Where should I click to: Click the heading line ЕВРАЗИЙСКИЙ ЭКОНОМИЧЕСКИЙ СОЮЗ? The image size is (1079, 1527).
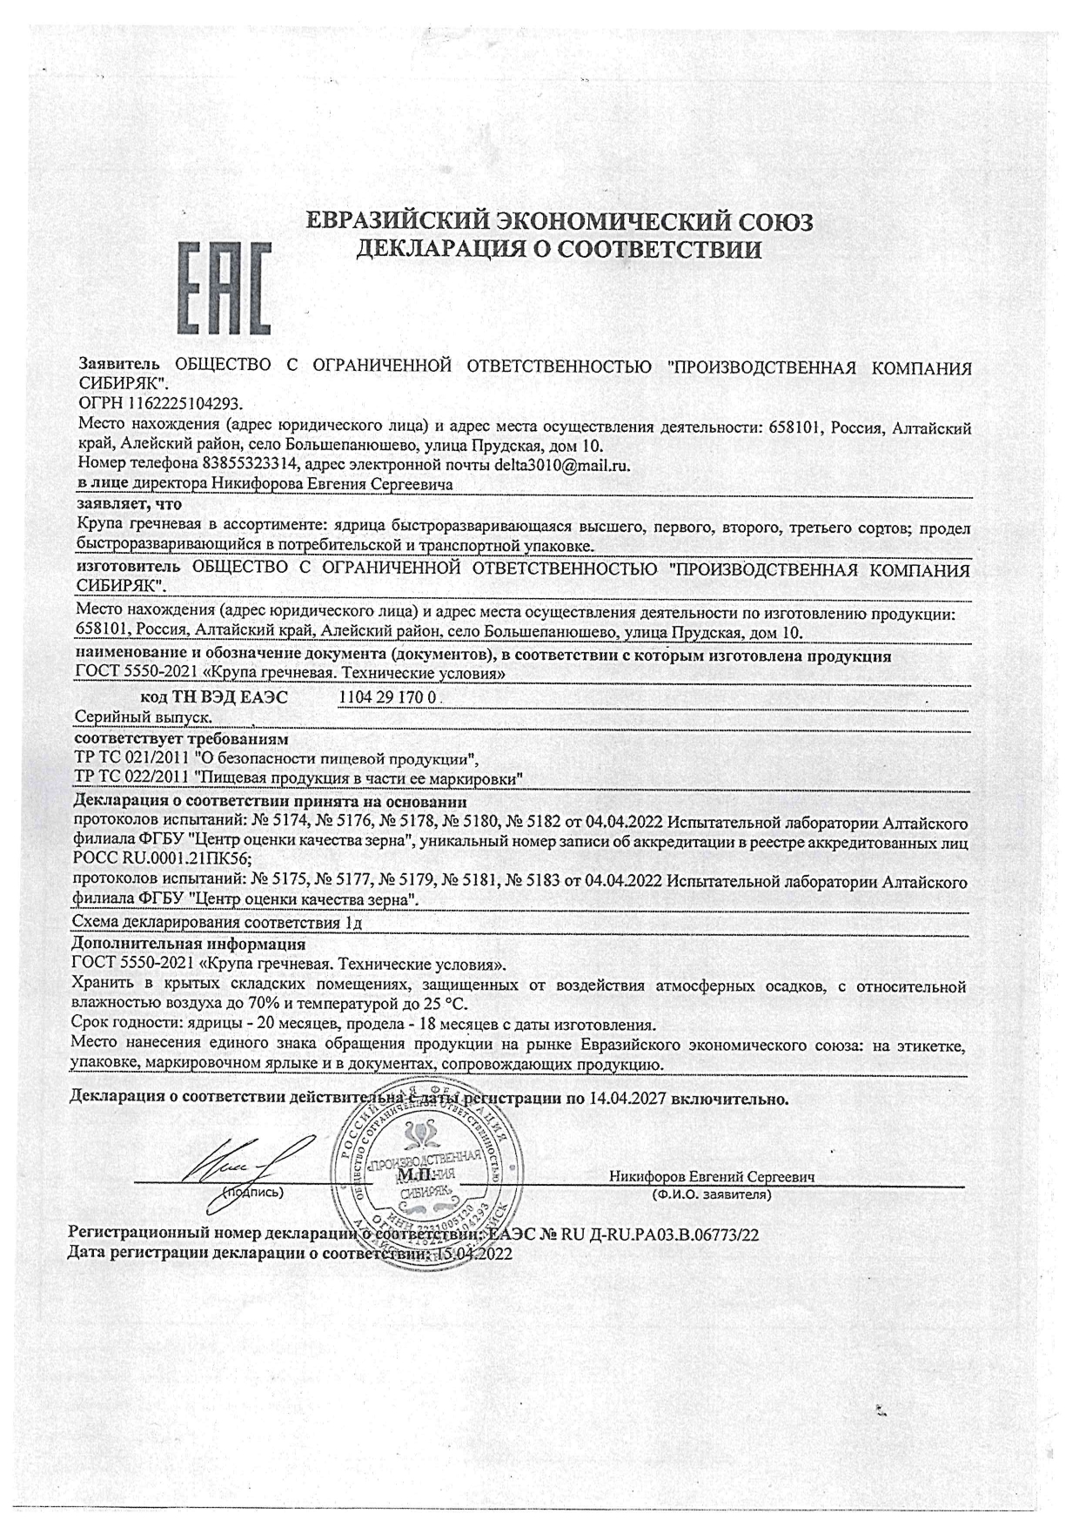click(x=561, y=222)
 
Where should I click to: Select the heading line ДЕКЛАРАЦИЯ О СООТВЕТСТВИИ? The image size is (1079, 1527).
click(x=560, y=250)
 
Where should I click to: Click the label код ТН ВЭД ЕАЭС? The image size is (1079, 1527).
click(x=214, y=697)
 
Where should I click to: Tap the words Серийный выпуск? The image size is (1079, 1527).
click(x=144, y=716)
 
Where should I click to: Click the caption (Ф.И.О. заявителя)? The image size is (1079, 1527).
click(x=711, y=1194)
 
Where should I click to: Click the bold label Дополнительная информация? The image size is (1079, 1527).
click(x=189, y=945)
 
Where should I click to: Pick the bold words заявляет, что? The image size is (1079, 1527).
click(x=129, y=504)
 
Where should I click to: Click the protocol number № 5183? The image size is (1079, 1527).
click(x=533, y=882)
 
